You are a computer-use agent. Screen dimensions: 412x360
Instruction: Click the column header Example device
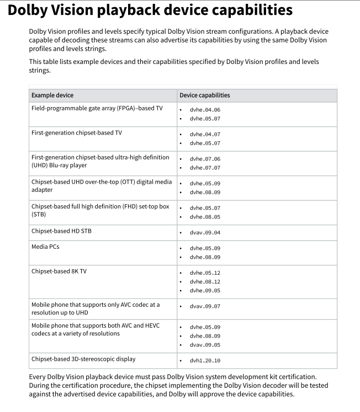pos(52,95)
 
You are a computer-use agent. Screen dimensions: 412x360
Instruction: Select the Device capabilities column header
pos(205,95)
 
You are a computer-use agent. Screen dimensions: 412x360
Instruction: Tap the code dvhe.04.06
pos(205,110)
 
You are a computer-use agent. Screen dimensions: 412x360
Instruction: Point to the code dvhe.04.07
pos(205,135)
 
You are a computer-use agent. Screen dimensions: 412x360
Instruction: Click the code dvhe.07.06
pos(205,159)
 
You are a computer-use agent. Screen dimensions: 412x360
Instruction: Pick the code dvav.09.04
pos(205,233)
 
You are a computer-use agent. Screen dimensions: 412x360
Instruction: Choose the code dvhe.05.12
pos(205,273)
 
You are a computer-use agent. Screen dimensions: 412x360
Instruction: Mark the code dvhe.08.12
pos(205,282)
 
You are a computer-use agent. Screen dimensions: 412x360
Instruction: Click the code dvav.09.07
pos(205,306)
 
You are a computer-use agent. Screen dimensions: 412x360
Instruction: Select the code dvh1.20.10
pos(205,361)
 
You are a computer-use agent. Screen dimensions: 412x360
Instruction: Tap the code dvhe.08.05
pos(205,217)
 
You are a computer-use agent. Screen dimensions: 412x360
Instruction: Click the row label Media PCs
pos(45,247)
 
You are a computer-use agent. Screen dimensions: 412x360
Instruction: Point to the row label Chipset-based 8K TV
pos(59,271)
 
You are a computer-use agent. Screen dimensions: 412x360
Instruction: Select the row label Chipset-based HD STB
pos(61,231)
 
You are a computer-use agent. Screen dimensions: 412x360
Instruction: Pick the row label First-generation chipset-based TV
pos(77,133)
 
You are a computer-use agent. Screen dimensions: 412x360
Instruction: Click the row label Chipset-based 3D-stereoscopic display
pos(83,359)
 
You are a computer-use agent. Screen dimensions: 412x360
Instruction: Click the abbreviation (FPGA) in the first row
pos(128,108)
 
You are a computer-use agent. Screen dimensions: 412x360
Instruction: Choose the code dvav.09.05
pos(205,345)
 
